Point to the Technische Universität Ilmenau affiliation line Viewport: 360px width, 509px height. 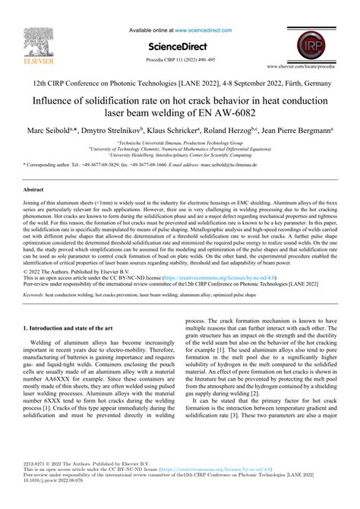pos(180,142)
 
